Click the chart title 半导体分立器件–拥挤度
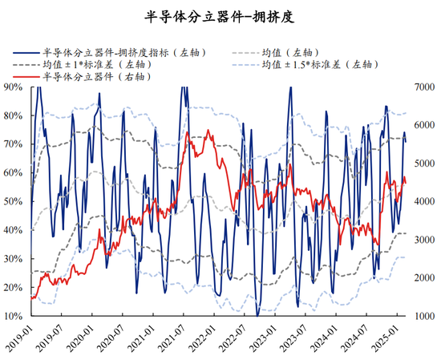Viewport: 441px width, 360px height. coord(220,15)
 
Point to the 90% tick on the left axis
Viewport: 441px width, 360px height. coord(14,86)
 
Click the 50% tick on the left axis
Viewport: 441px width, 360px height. coord(14,201)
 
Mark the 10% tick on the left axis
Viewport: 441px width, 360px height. coord(14,316)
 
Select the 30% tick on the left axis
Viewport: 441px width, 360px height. coord(14,258)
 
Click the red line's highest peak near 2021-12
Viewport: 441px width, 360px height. coord(209,130)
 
